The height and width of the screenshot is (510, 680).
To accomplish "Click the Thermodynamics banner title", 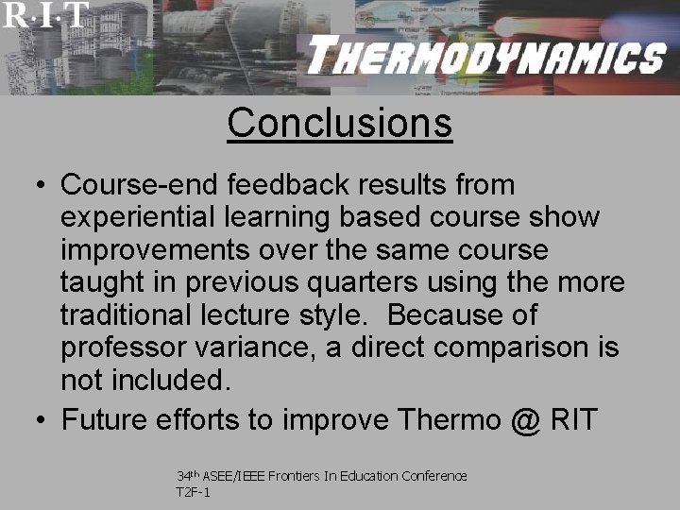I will (x=485, y=58).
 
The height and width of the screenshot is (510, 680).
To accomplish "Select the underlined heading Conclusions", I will (x=340, y=123).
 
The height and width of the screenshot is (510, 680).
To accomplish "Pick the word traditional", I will (x=128, y=314).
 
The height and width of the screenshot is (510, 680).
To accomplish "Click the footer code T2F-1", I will (x=193, y=492).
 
